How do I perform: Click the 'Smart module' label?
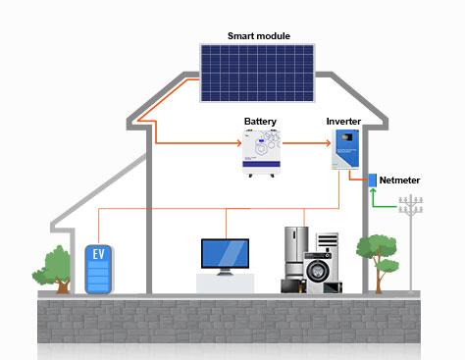(x=258, y=36)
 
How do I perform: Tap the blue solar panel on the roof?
(x=258, y=73)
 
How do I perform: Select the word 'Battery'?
(x=260, y=122)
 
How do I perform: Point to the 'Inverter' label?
(x=343, y=121)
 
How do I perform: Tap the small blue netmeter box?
(x=373, y=180)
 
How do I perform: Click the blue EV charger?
(x=97, y=270)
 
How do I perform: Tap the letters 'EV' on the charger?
(x=97, y=254)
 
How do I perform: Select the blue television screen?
(x=227, y=253)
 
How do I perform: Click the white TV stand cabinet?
(x=227, y=283)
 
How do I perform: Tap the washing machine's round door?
(x=319, y=272)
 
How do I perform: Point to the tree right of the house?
(x=375, y=253)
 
